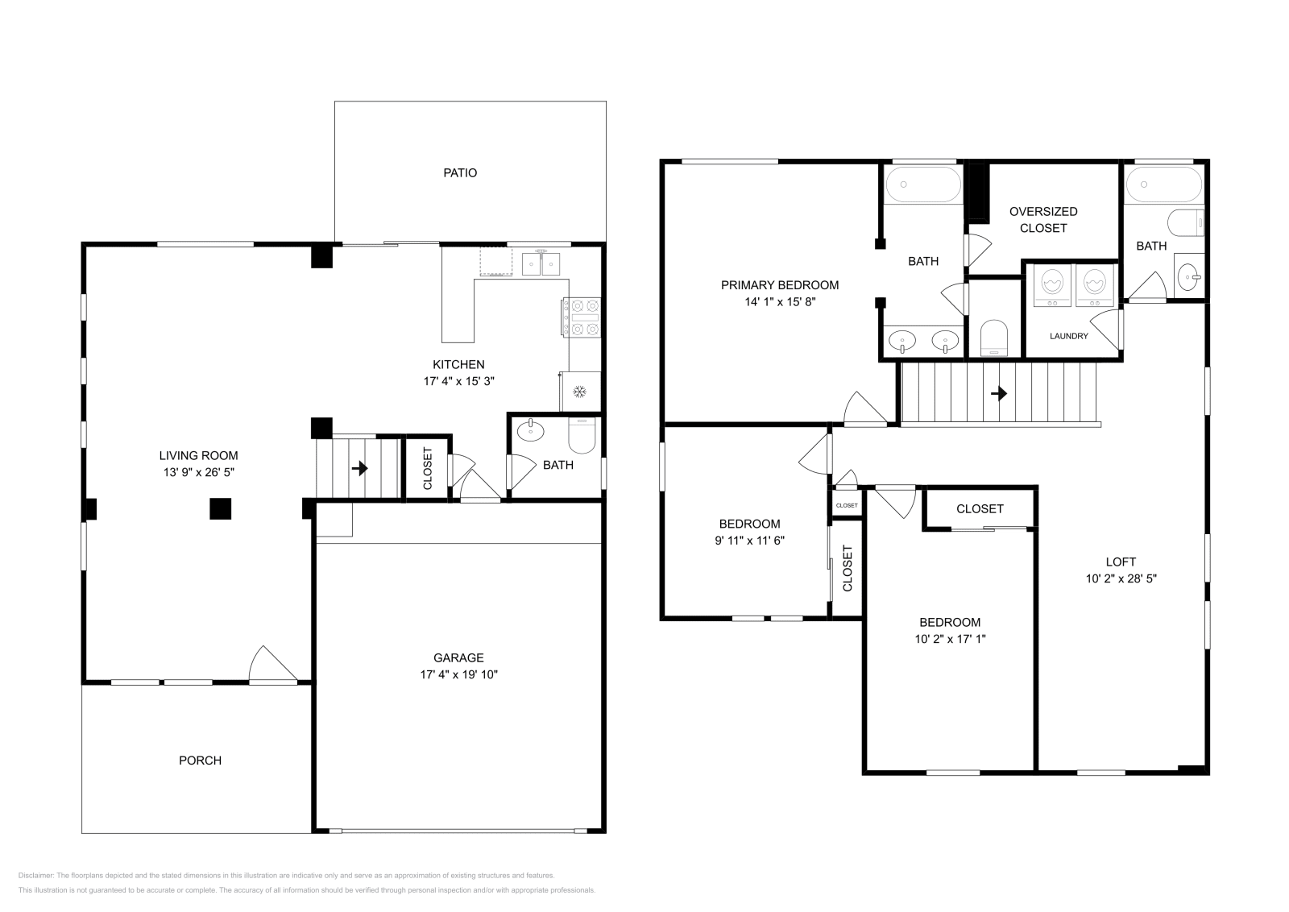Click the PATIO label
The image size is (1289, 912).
460,172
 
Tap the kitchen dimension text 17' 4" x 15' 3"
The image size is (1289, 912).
458,381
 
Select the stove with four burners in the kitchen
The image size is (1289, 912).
582,317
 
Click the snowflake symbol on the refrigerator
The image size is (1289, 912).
579,392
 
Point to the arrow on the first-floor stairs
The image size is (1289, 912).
359,468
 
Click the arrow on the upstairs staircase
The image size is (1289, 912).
999,394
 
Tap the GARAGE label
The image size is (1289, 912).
458,657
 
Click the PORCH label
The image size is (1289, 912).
200,760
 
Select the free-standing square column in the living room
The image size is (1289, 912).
221,508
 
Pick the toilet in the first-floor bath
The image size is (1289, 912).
582,436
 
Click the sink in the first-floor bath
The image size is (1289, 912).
531,430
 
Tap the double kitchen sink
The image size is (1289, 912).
541,264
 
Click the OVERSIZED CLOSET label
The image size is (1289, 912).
1043,220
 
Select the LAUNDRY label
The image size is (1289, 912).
1068,336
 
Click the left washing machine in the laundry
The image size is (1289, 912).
1052,285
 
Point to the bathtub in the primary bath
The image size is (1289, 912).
923,184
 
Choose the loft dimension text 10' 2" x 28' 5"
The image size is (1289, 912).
1121,578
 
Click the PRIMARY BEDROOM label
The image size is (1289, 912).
780,285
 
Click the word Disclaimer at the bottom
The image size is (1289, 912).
35,875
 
